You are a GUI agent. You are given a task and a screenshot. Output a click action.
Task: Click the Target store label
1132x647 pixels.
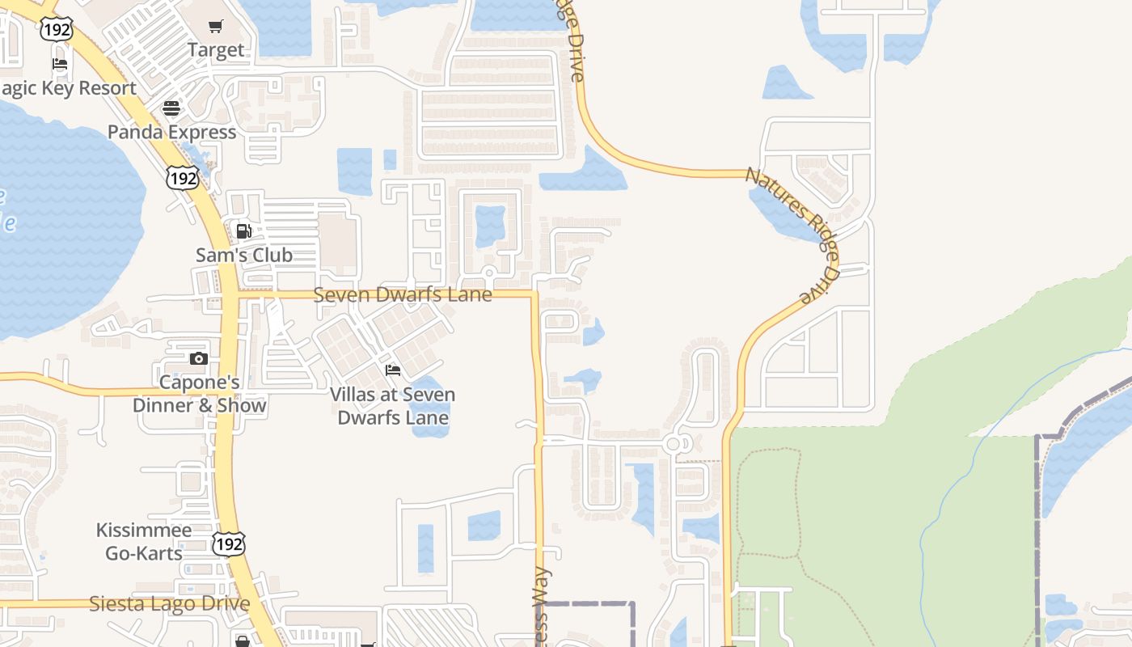tap(216, 50)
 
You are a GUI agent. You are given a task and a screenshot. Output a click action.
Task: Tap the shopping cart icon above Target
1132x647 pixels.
tap(216, 27)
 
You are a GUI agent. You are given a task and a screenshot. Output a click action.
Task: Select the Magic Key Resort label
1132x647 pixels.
tap(69, 88)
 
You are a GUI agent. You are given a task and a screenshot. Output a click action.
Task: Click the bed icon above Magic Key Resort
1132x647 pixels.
tap(59, 64)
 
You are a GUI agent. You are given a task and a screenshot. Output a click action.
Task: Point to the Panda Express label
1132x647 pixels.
tap(171, 132)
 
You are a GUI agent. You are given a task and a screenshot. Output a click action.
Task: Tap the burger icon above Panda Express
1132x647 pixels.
tap(171, 108)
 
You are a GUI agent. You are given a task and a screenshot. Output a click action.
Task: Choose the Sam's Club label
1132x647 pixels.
tap(244, 255)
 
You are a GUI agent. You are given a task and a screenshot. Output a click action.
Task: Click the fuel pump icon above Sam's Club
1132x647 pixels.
tap(243, 231)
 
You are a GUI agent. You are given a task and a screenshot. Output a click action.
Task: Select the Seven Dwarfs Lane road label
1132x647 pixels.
tap(403, 294)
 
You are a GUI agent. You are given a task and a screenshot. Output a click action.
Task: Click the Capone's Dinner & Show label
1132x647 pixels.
tap(199, 394)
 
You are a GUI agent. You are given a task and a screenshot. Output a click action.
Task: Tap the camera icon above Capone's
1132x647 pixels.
tap(199, 358)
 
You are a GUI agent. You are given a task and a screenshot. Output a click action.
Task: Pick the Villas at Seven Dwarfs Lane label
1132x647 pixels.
tap(393, 406)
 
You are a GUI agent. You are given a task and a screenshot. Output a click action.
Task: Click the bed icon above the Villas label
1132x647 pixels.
tap(393, 370)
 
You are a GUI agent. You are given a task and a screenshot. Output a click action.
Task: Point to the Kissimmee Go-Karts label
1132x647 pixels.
tap(144, 542)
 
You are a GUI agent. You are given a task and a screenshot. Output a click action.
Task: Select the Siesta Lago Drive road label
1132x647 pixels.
tap(170, 603)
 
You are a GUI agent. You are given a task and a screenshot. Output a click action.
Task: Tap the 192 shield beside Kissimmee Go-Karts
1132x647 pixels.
tap(229, 544)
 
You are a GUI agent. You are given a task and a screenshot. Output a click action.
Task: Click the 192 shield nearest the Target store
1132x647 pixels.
tap(57, 30)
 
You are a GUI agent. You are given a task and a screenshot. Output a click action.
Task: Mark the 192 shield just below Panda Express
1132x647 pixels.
tap(183, 178)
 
